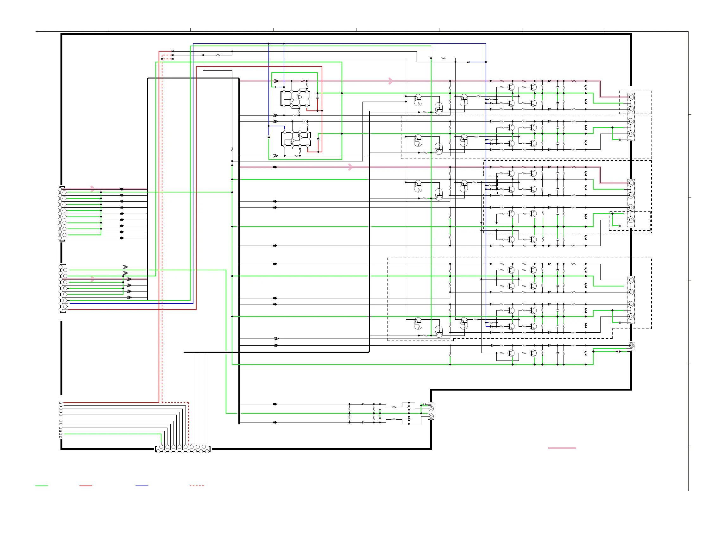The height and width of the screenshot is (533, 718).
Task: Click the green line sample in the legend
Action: click(41, 486)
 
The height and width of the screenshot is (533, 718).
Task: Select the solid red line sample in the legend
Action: click(86, 486)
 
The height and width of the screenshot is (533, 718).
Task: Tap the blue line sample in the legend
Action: click(142, 486)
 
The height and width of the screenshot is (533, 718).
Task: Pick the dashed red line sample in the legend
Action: click(197, 486)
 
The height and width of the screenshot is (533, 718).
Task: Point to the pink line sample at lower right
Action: click(562, 448)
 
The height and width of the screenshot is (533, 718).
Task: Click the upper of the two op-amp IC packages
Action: click(295, 99)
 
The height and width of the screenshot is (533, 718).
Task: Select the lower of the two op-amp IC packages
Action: click(296, 139)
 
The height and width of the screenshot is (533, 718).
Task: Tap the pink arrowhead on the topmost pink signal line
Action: click(391, 81)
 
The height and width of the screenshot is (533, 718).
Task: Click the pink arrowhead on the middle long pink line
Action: click(350, 167)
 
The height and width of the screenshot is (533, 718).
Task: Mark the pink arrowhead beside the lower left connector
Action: click(93, 279)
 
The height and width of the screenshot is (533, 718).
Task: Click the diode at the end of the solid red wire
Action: click(173, 51)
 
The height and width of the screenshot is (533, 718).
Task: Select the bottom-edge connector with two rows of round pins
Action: click(183, 449)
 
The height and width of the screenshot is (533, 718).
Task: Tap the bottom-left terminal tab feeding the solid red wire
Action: click(61, 403)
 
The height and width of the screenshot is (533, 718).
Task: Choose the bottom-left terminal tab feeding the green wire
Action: click(61, 434)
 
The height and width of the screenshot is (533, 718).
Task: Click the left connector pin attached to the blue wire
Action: click(65, 303)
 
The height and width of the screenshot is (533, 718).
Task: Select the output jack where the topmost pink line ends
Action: click(631, 97)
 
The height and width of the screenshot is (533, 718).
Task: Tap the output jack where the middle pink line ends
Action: click(631, 183)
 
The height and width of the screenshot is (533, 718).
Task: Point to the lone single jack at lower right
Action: click(631, 346)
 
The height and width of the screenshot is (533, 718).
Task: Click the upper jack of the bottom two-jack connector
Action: click(431, 409)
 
